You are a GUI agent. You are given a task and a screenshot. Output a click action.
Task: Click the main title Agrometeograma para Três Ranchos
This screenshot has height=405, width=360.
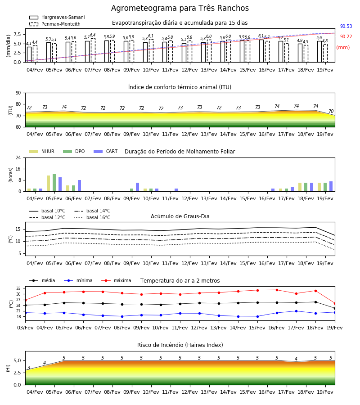(x=180, y=8)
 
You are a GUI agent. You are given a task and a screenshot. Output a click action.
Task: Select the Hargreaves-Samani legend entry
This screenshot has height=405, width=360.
(x=57, y=17)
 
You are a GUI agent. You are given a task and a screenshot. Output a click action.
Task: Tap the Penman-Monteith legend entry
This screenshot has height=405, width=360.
(x=55, y=24)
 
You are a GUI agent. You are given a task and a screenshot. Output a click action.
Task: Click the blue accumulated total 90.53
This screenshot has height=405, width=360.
(x=346, y=26)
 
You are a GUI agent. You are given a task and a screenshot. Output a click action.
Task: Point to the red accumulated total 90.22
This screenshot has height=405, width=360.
(x=346, y=37)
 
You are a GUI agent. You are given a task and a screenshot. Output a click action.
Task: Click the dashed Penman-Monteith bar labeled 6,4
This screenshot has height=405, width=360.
(x=93, y=50)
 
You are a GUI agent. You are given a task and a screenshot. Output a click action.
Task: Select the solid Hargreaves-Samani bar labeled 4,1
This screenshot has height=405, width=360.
(x=29, y=54)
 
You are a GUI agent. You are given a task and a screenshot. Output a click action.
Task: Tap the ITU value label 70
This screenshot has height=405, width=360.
(x=331, y=111)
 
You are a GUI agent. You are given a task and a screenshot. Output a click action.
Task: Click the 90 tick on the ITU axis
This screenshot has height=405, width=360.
(x=18, y=93)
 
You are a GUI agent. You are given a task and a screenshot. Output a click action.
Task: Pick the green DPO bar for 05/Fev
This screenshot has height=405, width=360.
(x=54, y=183)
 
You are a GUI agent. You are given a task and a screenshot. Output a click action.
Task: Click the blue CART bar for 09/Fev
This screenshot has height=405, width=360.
(x=138, y=187)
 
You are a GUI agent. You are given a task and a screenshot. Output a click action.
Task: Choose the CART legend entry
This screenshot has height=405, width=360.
(x=106, y=151)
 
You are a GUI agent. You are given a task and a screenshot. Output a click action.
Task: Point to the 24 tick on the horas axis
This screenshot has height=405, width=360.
(x=18, y=157)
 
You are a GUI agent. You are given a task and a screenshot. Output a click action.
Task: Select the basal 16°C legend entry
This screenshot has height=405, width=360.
(x=92, y=217)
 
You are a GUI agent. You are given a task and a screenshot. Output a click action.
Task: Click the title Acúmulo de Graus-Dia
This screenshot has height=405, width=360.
(x=180, y=216)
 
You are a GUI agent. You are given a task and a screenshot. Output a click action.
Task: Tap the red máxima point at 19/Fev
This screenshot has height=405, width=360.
(x=335, y=303)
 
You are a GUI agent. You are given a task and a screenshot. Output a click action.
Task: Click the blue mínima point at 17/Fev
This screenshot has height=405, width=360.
(x=296, y=311)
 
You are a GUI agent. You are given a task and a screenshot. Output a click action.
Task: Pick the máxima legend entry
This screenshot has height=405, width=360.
(x=116, y=280)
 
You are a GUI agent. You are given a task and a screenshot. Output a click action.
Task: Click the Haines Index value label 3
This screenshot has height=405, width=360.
(x=29, y=368)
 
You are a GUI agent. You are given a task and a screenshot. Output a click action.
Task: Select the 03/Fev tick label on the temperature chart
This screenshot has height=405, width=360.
(x=25, y=328)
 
